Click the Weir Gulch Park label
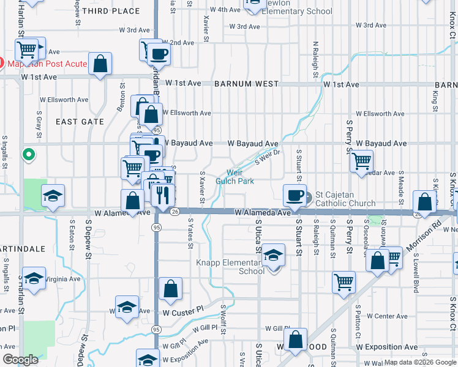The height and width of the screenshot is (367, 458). [x=235, y=177]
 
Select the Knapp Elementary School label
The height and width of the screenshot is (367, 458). [x=230, y=267]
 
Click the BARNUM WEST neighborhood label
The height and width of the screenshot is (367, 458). [x=247, y=84]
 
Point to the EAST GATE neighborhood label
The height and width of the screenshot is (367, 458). [x=80, y=122]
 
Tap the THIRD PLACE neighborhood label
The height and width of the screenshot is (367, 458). [x=110, y=11]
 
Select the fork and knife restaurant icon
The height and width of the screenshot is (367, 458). [x=162, y=195]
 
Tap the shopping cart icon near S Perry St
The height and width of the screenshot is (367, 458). [x=362, y=160]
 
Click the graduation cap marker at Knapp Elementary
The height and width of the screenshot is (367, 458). [x=274, y=254]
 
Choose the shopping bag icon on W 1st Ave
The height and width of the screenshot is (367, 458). [x=100, y=64]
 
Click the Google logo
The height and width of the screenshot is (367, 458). [x=20, y=360]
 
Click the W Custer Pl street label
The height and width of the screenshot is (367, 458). [x=182, y=312]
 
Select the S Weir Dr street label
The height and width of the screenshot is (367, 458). [x=267, y=157]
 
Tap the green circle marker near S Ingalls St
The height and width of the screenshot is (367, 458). [x=28, y=155]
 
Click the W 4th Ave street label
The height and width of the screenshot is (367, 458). [x=225, y=10]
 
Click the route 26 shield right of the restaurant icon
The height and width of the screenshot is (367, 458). [x=175, y=212]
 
